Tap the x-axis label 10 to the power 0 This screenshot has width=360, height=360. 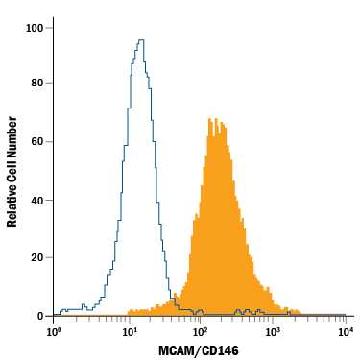54,332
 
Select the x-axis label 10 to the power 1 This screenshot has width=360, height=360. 127,332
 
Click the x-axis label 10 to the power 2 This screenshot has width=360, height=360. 200,332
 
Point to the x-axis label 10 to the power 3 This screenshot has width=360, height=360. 272,332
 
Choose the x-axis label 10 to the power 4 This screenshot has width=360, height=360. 344,332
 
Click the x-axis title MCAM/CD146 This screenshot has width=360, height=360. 200,349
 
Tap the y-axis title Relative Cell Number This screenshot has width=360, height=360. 13,171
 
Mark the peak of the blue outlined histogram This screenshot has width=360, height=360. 141,40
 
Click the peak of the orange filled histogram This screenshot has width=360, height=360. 216,119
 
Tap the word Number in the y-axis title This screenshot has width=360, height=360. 13,133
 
